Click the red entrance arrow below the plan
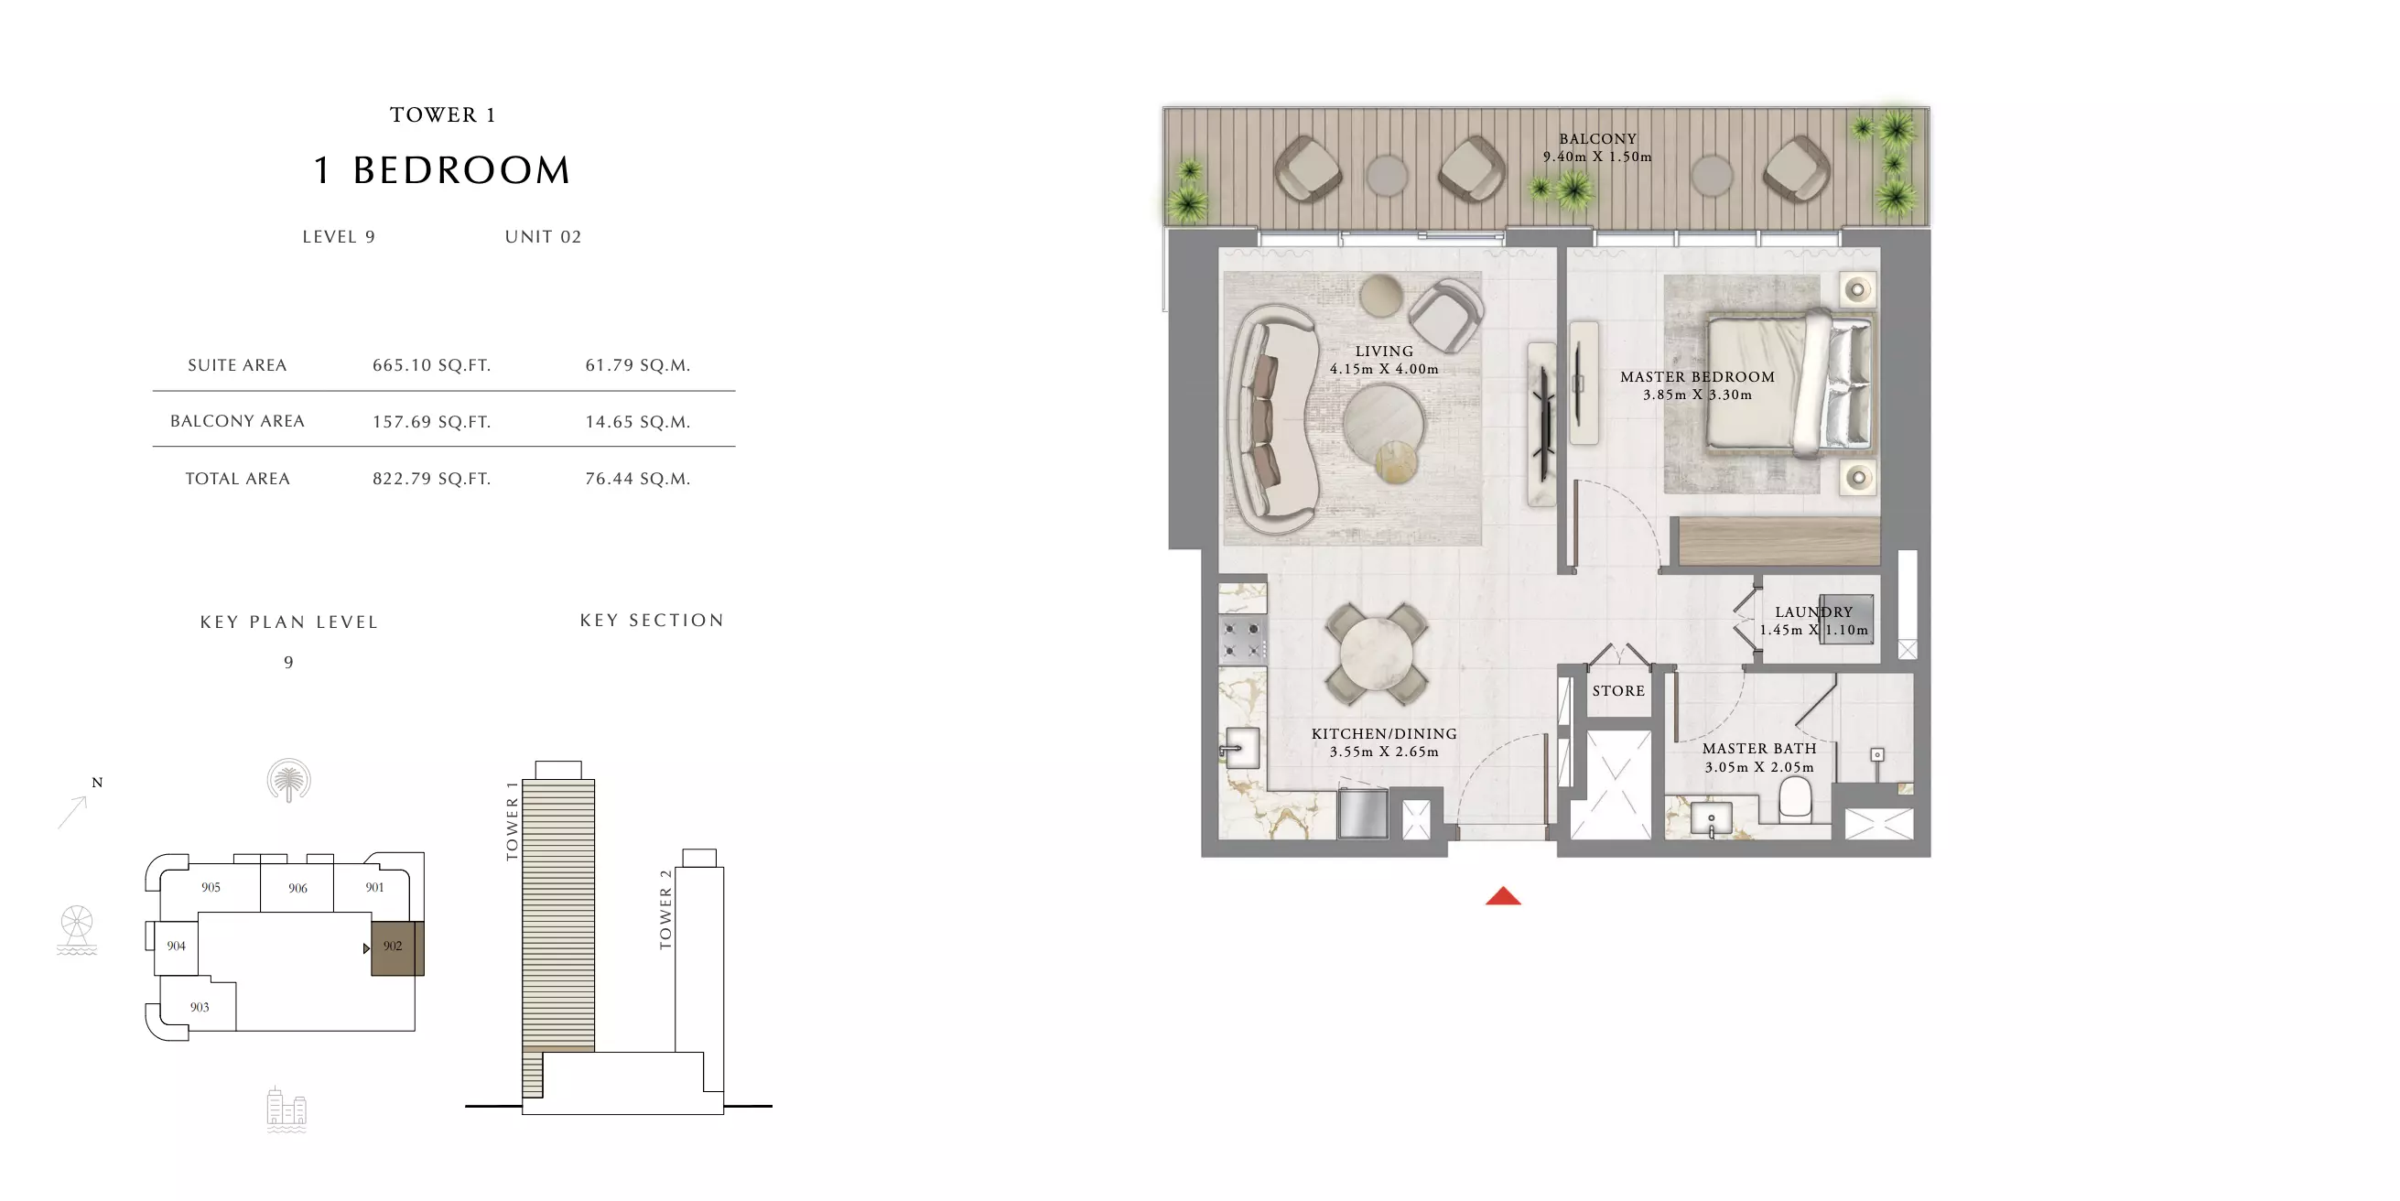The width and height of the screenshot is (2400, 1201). point(1503,896)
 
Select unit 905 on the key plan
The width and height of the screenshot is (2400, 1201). point(211,887)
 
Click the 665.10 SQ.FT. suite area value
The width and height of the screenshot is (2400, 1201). point(431,365)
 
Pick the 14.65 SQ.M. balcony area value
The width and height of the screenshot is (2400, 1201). point(637,422)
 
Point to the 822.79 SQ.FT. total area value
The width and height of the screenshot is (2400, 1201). point(431,479)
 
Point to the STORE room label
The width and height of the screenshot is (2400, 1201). point(1618,690)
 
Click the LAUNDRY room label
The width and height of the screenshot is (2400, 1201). point(1813,612)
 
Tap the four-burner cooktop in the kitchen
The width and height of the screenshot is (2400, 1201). point(1242,640)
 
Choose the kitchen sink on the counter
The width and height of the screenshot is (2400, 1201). point(1241,748)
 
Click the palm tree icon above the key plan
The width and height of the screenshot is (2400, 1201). point(289,780)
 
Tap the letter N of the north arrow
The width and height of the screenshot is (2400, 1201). point(97,783)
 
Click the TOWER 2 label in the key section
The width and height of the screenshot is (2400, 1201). point(665,909)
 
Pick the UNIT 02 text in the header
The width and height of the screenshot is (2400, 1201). point(543,237)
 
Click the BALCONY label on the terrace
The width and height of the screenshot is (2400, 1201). point(1598,139)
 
